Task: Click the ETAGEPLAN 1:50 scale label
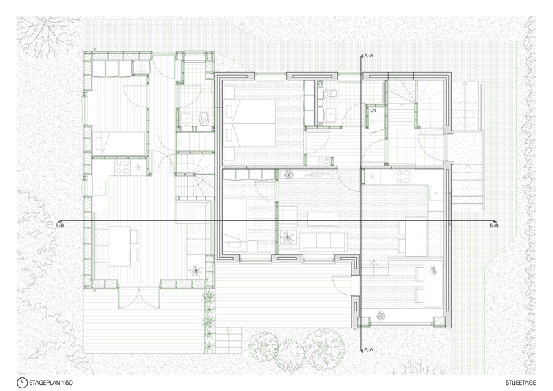coord(50,383)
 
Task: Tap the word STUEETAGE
coord(520,383)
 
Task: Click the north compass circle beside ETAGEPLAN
coord(22,383)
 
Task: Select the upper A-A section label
coord(369,55)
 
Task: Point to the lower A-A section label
coord(369,350)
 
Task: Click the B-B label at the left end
coord(60,225)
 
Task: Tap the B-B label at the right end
coord(494,225)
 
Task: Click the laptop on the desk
coord(433,270)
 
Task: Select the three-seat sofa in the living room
coord(324,241)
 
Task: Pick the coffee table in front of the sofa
coord(323,219)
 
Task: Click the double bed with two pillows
coord(254,123)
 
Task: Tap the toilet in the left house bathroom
coord(204,118)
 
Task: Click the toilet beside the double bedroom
coord(331,93)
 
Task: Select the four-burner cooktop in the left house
coord(122,167)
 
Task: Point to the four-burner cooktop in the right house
coord(402,177)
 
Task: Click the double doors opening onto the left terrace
coord(140,297)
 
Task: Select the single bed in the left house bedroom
coord(119,144)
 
